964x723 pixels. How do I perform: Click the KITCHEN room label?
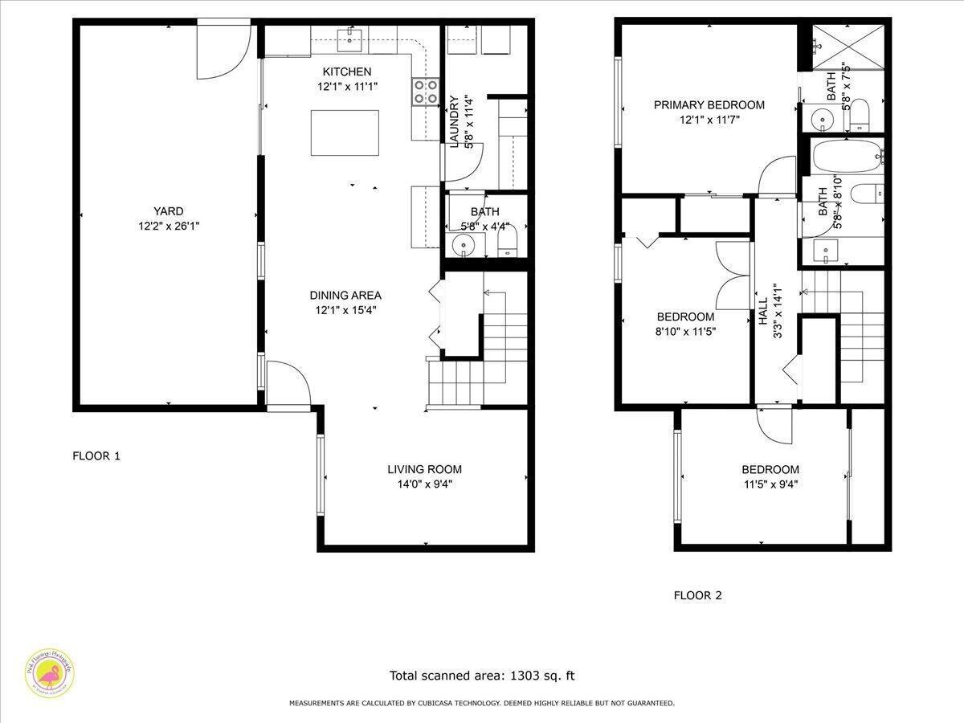point(347,71)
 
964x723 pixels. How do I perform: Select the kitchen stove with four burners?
point(426,91)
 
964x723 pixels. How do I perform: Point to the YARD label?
point(169,213)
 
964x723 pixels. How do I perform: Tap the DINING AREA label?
point(345,295)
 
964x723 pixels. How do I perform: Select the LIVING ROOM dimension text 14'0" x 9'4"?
point(424,484)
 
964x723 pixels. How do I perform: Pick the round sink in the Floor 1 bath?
point(464,244)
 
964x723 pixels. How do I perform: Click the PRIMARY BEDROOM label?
point(709,104)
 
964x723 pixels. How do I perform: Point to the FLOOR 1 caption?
point(96,455)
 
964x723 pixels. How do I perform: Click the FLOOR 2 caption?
point(697,595)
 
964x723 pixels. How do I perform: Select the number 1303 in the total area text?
point(521,676)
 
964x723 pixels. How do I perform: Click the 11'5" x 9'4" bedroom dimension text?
point(770,484)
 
